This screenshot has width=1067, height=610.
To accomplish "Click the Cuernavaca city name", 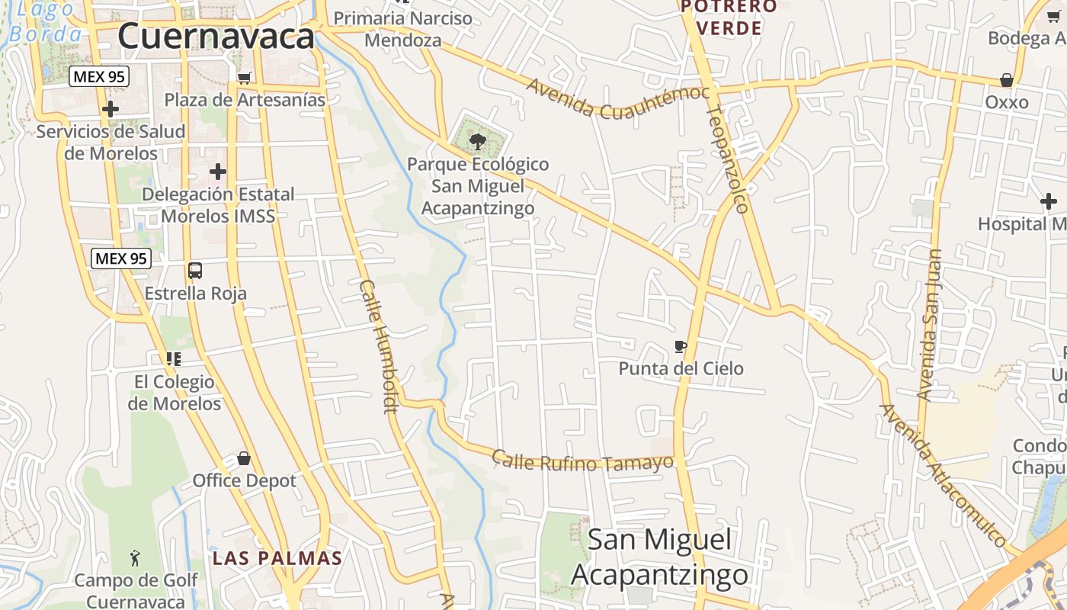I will (216, 36).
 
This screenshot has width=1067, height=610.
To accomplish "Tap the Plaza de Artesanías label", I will (245, 100).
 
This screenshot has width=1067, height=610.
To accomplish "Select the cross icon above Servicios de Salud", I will (111, 109).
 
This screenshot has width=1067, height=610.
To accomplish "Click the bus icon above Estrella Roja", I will (195, 271).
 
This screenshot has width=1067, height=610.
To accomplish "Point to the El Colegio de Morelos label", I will (175, 392).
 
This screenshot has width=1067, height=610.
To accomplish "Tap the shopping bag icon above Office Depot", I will (244, 458).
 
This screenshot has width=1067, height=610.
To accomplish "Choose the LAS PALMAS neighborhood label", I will (277, 558).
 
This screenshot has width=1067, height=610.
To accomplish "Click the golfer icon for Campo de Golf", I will (136, 558).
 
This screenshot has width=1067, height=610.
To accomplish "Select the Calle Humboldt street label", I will (380, 346).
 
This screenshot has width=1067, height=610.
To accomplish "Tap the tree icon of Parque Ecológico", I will (478, 141).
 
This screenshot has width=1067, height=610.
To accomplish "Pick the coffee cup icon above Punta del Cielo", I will (681, 347).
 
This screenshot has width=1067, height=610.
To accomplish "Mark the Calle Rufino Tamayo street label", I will (583, 461).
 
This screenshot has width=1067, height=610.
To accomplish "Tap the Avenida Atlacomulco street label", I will (944, 474).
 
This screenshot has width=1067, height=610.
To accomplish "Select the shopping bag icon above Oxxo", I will (1007, 80).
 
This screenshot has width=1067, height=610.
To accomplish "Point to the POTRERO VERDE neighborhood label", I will (729, 18).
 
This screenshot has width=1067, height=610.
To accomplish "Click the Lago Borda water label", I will (46, 21).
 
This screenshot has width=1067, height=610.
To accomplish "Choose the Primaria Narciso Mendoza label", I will (403, 29).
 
